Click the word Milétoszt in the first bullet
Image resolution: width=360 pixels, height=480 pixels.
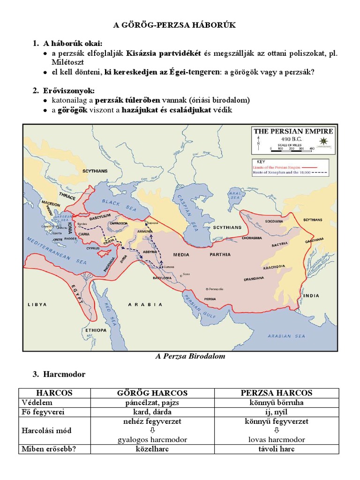point(68,61)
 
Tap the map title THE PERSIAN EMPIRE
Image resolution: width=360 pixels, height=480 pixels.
point(293,131)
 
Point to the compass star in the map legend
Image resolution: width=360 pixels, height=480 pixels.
point(323,141)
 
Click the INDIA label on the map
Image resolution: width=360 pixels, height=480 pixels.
point(311,296)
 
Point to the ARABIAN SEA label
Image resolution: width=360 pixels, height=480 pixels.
point(286,336)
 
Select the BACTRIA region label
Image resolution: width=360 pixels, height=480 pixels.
point(279,245)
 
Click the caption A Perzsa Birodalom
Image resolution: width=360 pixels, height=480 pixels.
point(190,356)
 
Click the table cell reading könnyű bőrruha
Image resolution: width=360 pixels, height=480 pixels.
point(277,403)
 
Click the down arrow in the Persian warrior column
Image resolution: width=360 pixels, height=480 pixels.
point(277,430)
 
